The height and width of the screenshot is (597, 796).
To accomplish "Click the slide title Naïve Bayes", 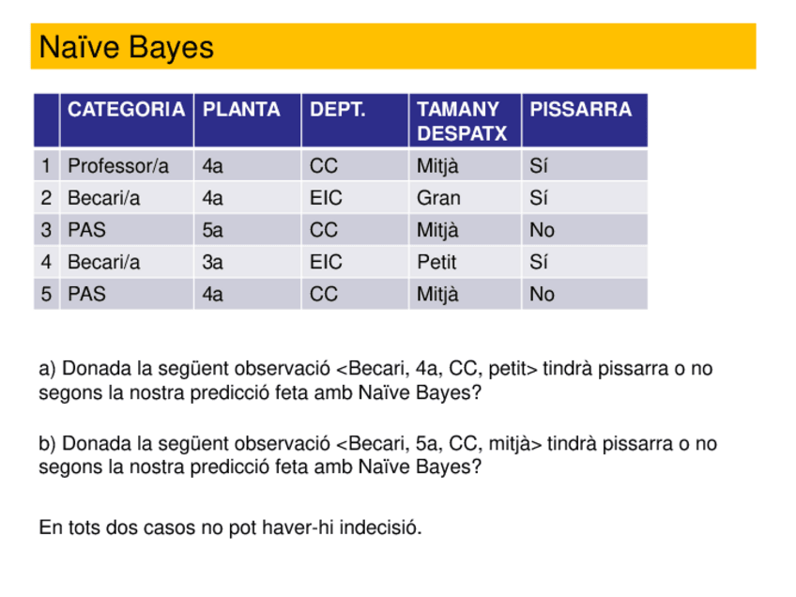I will point(127,47).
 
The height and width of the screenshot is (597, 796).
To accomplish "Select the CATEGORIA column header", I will point(126,110).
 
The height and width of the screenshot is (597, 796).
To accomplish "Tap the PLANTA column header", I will point(241,110).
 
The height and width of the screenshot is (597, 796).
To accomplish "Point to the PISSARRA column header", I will point(580,110).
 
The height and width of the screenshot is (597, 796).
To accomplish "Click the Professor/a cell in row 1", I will point(118,167).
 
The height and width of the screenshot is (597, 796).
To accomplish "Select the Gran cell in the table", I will point(438,198).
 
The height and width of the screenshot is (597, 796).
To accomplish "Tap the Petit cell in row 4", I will point(436,262).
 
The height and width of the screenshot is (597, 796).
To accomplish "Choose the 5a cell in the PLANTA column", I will point(213,230).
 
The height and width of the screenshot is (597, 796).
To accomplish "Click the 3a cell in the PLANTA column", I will point(213,262).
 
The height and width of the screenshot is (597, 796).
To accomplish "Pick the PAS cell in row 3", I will point(86,230).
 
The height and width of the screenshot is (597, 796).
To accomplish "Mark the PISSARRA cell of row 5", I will point(542,295).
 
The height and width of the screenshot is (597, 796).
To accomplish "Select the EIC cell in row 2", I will point(326,198).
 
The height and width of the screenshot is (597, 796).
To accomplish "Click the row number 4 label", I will point(46,262).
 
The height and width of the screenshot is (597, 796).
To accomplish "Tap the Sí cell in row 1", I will point(539,167).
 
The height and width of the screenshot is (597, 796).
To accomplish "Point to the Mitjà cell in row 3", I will point(438,230).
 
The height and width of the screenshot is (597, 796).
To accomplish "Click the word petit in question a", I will point(510,369).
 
